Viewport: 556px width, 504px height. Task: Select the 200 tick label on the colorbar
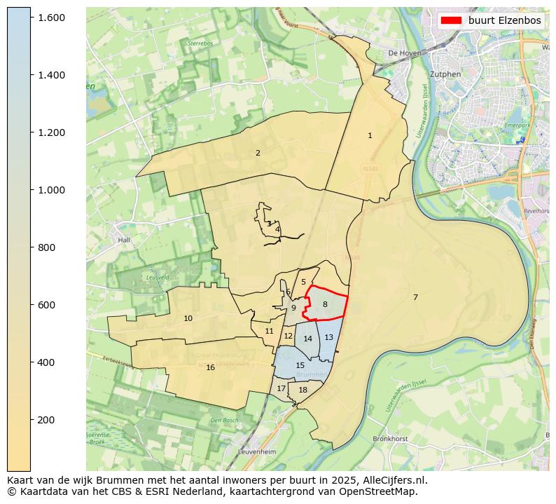[51, 420]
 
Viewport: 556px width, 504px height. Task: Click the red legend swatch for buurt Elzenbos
[451, 20]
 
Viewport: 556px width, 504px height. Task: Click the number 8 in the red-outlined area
[325, 304]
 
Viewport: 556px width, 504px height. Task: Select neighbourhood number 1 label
[370, 135]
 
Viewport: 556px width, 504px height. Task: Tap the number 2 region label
[258, 153]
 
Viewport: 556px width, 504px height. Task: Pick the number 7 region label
[415, 297]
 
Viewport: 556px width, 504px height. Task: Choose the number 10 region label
[188, 318]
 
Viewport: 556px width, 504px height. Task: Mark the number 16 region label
[210, 367]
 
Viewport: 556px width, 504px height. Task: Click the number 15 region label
[300, 365]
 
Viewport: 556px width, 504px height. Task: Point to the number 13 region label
[328, 337]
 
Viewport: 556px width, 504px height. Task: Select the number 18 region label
[303, 390]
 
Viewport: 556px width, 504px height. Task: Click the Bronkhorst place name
[391, 438]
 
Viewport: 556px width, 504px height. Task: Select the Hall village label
[125, 240]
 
